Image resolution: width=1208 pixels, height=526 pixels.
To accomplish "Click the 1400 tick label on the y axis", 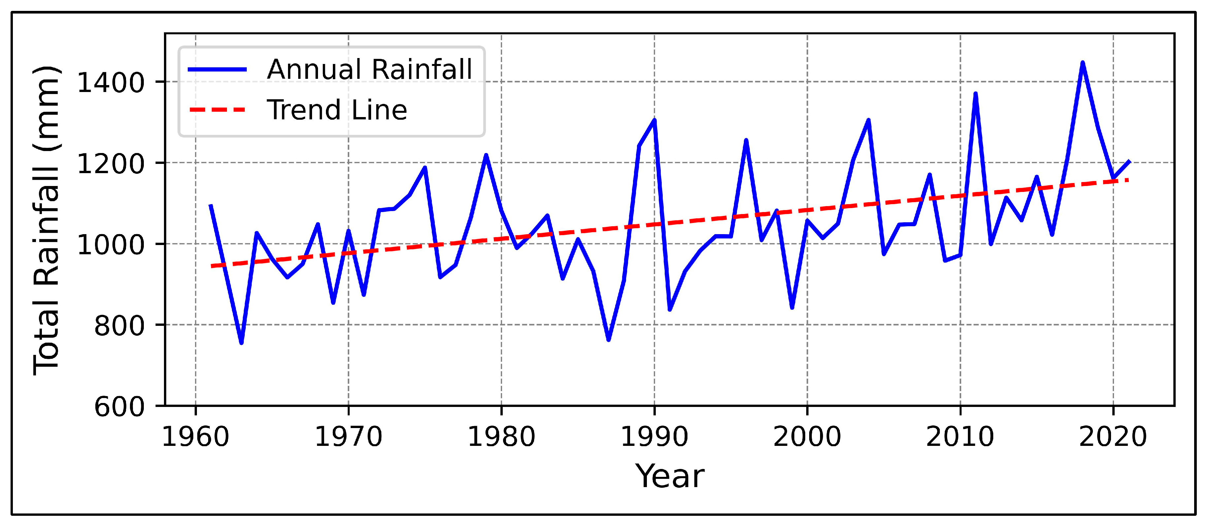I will pyautogui.click(x=110, y=83).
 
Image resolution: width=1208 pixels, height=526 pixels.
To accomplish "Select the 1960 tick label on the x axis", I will pyautogui.click(x=195, y=437).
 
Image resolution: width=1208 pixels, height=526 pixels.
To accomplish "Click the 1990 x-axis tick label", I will pyautogui.click(x=654, y=437).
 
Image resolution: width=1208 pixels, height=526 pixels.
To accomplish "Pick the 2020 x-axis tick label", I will pyautogui.click(x=1113, y=437).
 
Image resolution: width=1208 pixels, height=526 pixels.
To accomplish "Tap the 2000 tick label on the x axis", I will pyautogui.click(x=807, y=437).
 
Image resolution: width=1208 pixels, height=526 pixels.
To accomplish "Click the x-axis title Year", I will pyautogui.click(x=669, y=476).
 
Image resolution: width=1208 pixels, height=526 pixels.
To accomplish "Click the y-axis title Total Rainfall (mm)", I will pyautogui.click(x=47, y=220).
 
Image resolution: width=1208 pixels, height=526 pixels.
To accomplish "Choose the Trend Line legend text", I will pyautogui.click(x=337, y=110).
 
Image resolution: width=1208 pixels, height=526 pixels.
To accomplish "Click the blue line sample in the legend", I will pyautogui.click(x=217, y=69).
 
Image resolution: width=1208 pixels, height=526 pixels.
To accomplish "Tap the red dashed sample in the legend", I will pyautogui.click(x=217, y=110).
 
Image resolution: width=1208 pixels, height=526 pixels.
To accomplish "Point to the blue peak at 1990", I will pyautogui.click(x=654, y=120).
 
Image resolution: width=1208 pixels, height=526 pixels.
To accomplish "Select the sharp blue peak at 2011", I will pyautogui.click(x=975, y=93).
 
